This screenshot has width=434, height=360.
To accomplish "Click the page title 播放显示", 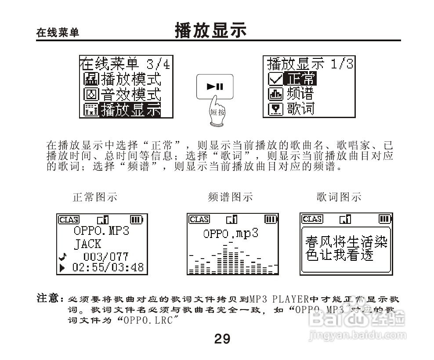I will [x=210, y=31].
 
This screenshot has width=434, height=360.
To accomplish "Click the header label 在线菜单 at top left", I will [x=58, y=33].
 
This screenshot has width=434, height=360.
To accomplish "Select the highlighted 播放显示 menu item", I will [x=130, y=110].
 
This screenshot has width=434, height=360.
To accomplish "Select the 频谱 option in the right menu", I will [x=300, y=94].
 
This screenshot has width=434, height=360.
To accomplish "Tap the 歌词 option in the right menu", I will [x=300, y=108].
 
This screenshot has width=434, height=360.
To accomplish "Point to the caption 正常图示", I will [x=95, y=197].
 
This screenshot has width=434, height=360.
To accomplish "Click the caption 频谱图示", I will [x=230, y=197].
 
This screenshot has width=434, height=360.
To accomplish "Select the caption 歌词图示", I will [x=339, y=197].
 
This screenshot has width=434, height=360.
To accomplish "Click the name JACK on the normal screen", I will [x=88, y=244].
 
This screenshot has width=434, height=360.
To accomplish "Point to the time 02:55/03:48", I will [x=108, y=267].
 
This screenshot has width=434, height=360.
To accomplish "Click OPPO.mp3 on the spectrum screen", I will [x=231, y=233].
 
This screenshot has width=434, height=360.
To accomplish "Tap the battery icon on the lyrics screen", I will [x=384, y=219].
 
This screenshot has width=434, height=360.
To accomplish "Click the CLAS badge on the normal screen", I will [x=68, y=219].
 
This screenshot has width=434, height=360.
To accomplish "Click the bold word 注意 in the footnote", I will [x=48, y=299].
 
